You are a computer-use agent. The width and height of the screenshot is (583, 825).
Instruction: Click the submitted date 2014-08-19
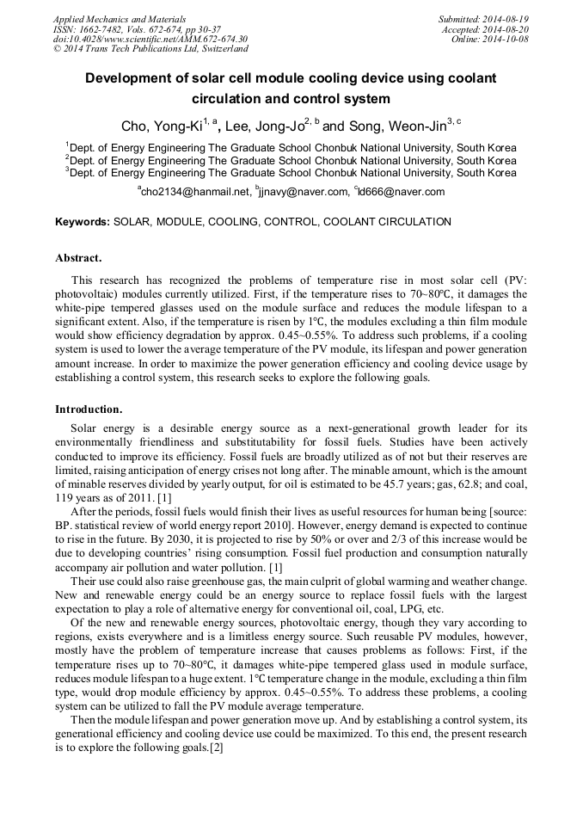(505, 19)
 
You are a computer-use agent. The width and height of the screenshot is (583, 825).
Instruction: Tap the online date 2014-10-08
(505, 40)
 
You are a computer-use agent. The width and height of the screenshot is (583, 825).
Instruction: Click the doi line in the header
(150, 40)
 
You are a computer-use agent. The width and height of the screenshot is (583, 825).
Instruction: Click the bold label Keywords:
(83, 222)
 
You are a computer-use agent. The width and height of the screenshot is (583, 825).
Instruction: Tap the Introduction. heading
(89, 409)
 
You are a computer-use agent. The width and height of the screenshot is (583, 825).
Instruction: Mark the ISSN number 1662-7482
(101, 29)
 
